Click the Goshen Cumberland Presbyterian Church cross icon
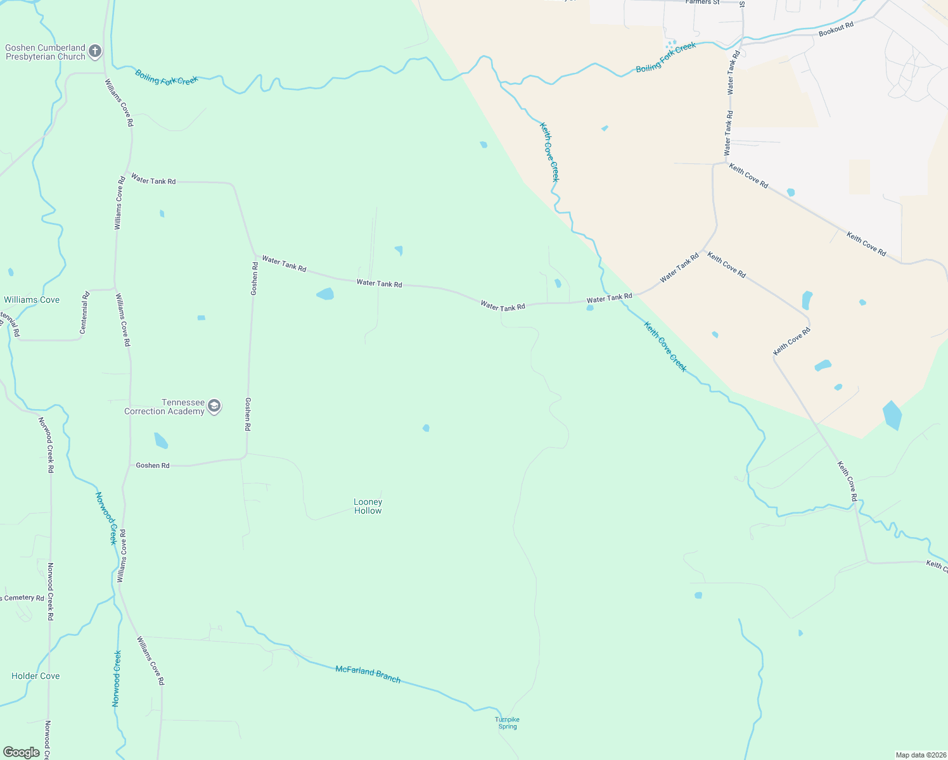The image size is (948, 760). pyautogui.click(x=95, y=51)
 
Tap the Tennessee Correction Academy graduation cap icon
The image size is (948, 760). pyautogui.click(x=214, y=407)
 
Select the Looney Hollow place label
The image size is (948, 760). pyautogui.click(x=368, y=506)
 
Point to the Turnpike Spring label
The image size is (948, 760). pyautogui.click(x=508, y=723)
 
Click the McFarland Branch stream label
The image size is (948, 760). pyautogui.click(x=368, y=674)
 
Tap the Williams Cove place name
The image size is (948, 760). pyautogui.click(x=32, y=300)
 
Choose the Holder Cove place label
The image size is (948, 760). pyautogui.click(x=35, y=676)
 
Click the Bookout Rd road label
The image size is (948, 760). pyautogui.click(x=836, y=28)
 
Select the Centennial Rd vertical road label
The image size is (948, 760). pyautogui.click(x=84, y=312)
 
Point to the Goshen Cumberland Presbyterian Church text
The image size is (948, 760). pyautogui.click(x=45, y=52)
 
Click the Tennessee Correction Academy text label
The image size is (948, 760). pyautogui.click(x=165, y=407)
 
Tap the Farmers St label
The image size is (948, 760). pyautogui.click(x=703, y=3)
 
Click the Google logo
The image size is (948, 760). pyautogui.click(x=22, y=752)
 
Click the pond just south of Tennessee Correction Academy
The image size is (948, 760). pyautogui.click(x=161, y=440)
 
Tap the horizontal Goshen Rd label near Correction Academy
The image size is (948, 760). pyautogui.click(x=153, y=465)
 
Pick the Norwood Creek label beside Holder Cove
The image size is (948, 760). pyautogui.click(x=117, y=678)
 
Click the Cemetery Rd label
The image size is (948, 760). pyautogui.click(x=23, y=598)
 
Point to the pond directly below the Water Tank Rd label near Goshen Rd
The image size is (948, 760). pyautogui.click(x=325, y=294)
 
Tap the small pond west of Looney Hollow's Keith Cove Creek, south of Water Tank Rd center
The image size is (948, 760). pyautogui.click(x=426, y=428)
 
